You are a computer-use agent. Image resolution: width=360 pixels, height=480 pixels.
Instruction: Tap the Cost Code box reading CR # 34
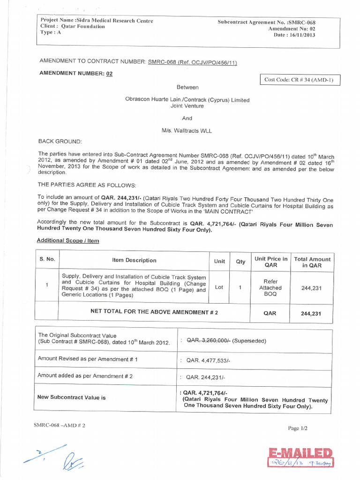(x=299, y=80)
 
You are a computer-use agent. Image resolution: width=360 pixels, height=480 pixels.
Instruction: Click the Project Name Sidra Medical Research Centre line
(x=97, y=21)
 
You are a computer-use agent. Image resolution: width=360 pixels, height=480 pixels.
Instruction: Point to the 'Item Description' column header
(x=134, y=260)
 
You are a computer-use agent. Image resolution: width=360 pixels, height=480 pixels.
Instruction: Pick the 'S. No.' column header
(x=47, y=259)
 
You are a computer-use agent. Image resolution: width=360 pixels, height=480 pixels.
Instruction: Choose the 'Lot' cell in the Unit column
(x=219, y=287)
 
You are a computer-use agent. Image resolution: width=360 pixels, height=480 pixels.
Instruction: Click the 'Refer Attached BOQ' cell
(x=270, y=288)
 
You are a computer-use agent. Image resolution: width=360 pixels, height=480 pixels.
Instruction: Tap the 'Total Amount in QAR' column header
(x=312, y=262)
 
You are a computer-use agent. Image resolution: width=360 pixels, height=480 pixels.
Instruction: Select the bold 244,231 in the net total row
(x=311, y=314)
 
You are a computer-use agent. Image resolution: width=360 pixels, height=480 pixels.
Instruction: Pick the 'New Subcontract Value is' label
(x=71, y=397)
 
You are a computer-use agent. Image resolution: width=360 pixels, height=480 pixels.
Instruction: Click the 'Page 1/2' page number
(x=298, y=428)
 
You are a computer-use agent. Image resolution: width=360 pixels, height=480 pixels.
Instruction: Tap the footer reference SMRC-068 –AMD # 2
(x=60, y=425)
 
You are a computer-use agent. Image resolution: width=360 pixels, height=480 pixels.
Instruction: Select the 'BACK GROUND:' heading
(x=60, y=141)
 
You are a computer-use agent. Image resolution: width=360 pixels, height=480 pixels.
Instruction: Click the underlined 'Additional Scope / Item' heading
(x=67, y=240)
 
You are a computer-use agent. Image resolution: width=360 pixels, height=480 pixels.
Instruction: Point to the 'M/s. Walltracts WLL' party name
(x=187, y=131)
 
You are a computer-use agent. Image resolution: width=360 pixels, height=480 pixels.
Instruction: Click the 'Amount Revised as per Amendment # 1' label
(x=85, y=359)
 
